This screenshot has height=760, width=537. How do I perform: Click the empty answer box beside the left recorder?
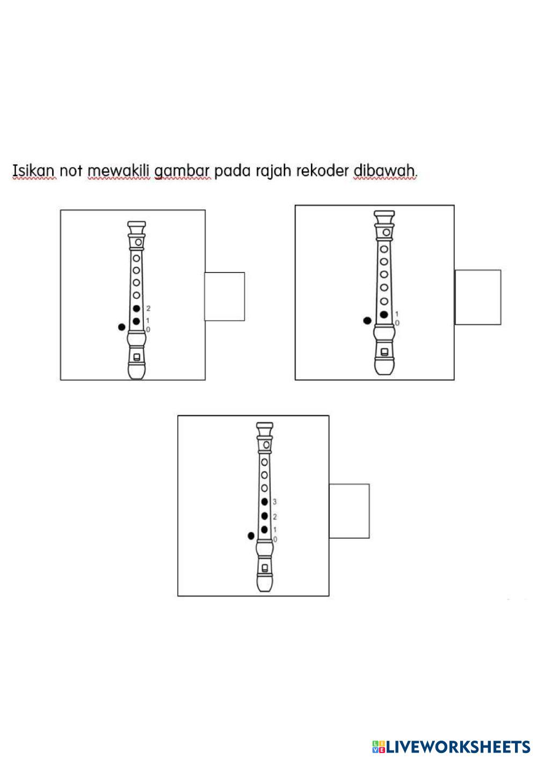pyautogui.click(x=224, y=296)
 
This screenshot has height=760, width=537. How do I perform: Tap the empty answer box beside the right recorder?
pyautogui.click(x=478, y=297)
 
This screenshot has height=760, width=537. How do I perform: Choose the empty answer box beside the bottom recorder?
pyautogui.click(x=349, y=511)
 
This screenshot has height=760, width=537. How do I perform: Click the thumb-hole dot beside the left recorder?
pyautogui.click(x=122, y=327)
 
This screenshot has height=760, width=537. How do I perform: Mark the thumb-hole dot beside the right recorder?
pyautogui.click(x=367, y=321)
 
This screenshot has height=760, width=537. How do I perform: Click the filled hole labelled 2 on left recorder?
pyautogui.click(x=136, y=308)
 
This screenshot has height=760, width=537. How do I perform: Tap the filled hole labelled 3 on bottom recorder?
pyautogui.click(x=264, y=502)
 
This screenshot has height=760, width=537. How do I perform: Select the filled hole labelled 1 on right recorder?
pyautogui.click(x=383, y=314)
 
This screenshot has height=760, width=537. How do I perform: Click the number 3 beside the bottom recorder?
pyautogui.click(x=274, y=502)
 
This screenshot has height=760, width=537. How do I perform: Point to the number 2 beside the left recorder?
pyautogui.click(x=148, y=309)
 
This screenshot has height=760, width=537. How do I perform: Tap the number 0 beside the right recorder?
pyautogui.click(x=397, y=323)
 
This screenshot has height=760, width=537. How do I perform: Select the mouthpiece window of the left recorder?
pyautogui.click(x=137, y=357)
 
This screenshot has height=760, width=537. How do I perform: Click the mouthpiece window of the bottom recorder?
pyautogui.click(x=264, y=567)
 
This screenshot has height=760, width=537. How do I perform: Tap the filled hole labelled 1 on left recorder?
pyautogui.click(x=136, y=321)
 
